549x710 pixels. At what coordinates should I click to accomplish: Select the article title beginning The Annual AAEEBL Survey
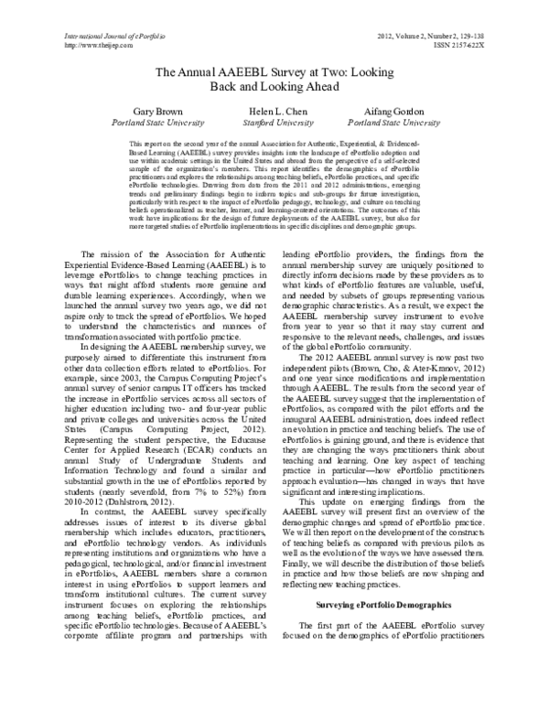[x=274, y=78]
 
